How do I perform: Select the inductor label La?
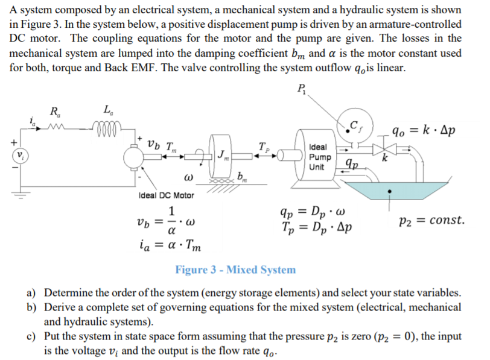click(x=107, y=110)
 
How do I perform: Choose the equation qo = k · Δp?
click(x=424, y=131)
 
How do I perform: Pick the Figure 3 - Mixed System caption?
click(x=235, y=270)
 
